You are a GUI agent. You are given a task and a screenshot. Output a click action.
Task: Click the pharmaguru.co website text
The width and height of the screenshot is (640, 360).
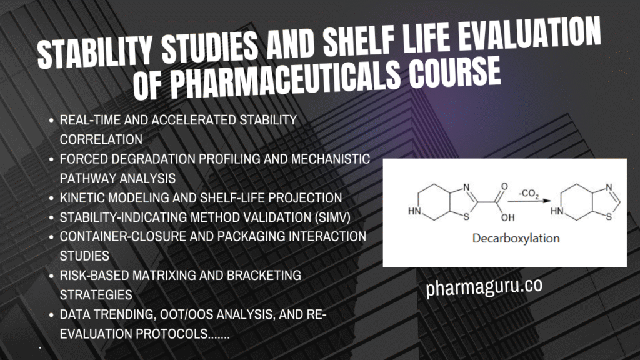click(484, 288)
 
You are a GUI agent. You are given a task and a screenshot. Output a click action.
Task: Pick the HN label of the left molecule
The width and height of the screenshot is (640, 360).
click(414, 211)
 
